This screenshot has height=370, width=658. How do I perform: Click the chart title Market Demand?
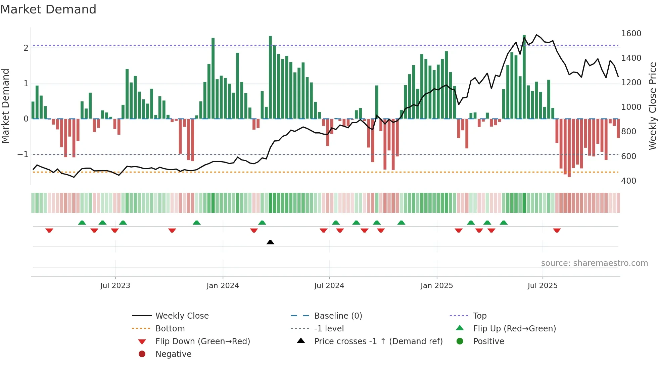pyautogui.click(x=48, y=9)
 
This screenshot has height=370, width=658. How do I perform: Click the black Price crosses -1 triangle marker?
pyautogui.click(x=270, y=242)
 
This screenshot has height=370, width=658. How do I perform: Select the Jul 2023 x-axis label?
pyautogui.click(x=115, y=286)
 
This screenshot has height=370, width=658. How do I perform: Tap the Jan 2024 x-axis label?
pyautogui.click(x=223, y=286)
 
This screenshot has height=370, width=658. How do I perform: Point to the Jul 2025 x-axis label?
pyautogui.click(x=543, y=286)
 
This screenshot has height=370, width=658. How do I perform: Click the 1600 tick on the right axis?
pyautogui.click(x=631, y=34)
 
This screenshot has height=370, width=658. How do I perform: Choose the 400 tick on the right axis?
pyautogui.click(x=628, y=181)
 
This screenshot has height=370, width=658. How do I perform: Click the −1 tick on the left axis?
pyautogui.click(x=23, y=154)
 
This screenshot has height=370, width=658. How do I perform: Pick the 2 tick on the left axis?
pyautogui.click(x=26, y=48)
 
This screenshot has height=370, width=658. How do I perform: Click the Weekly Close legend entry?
pyautogui.click(x=182, y=316)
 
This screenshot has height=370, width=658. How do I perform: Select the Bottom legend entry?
pyautogui.click(x=170, y=329)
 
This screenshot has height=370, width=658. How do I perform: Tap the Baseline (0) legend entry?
pyautogui.click(x=338, y=316)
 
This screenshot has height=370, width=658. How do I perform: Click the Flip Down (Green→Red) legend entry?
pyautogui.click(x=202, y=341)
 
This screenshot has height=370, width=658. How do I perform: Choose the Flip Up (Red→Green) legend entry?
pyautogui.click(x=514, y=329)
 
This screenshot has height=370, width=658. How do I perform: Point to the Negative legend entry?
pyautogui.click(x=173, y=354)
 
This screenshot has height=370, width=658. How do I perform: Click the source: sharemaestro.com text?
pyautogui.click(x=594, y=263)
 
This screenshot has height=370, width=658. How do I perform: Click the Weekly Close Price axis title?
pyautogui.click(x=652, y=106)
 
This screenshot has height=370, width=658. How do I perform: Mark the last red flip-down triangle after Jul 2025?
pyautogui.click(x=557, y=230)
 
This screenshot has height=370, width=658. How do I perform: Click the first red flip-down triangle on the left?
pyautogui.click(x=49, y=230)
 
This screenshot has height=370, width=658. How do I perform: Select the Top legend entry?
pyautogui.click(x=479, y=316)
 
